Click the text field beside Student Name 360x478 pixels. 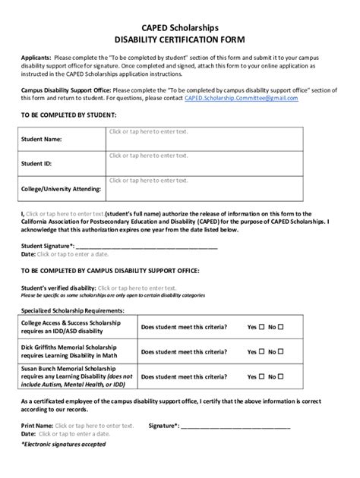pyautogui.click(x=148, y=132)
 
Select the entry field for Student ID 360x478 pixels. pyautogui.click(x=148, y=156)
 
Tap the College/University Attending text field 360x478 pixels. pyautogui.click(x=148, y=181)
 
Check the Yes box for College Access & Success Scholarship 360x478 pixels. pyautogui.click(x=262, y=327)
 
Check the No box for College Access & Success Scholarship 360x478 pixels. pyautogui.click(x=280, y=327)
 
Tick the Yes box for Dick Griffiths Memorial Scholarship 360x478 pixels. pyautogui.click(x=262, y=352)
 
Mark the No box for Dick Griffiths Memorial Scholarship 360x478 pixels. pyautogui.click(x=280, y=352)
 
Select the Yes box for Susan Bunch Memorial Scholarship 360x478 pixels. pyautogui.click(x=262, y=376)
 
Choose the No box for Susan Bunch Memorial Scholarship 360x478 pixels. pyautogui.click(x=280, y=376)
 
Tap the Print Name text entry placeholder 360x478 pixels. pyautogui.click(x=94, y=426)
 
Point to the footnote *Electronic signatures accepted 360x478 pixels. pyautogui.click(x=63, y=444)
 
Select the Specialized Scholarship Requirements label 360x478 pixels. pyautogui.click(x=72, y=311)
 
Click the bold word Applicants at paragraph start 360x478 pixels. pyautogui.click(x=36, y=57)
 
